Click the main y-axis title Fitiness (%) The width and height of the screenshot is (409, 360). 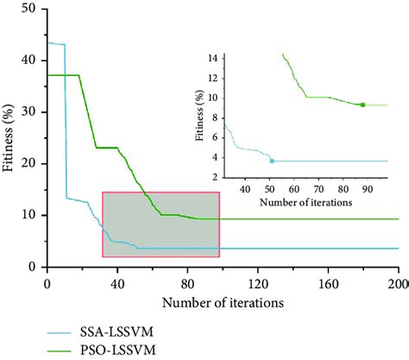pos(9,138)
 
